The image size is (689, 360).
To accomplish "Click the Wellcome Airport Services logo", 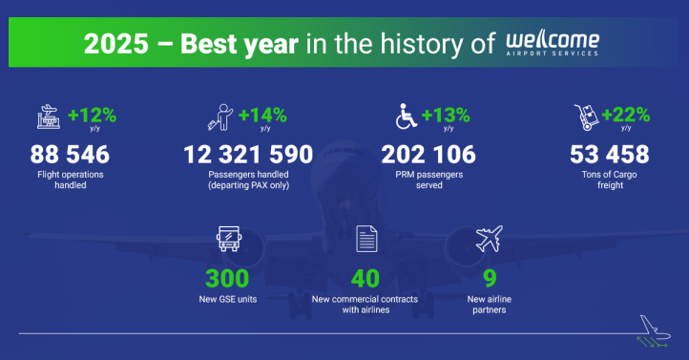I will coord(553,44).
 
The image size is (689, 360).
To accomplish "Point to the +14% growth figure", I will coord(262,116).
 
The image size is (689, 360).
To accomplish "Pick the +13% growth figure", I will coord(446,116).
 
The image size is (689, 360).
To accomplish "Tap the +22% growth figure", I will coord(626,116).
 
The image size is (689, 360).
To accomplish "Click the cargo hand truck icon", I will coord(585,118).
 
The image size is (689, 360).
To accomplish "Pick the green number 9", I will coord(488,279).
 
